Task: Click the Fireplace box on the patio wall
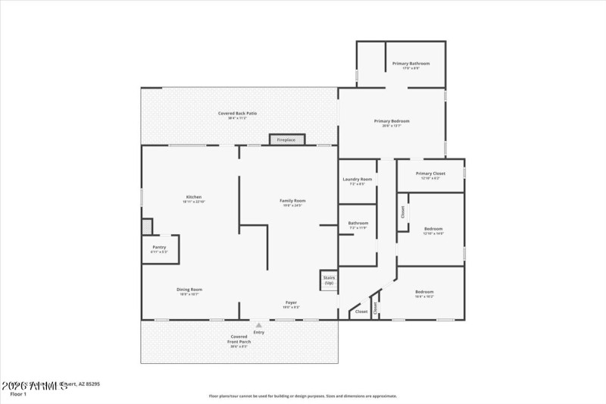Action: point(286,139)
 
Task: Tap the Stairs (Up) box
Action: point(329,280)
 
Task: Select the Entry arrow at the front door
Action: point(259,326)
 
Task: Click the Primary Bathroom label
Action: point(411,64)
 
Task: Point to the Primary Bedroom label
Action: point(392,121)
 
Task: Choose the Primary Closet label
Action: point(431,174)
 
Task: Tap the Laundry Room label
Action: point(357,180)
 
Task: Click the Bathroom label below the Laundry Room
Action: point(358,224)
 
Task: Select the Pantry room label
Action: point(159,247)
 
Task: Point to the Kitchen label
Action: point(194,197)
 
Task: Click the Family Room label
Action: point(292,201)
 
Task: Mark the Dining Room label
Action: point(189,290)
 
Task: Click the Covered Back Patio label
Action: point(237,114)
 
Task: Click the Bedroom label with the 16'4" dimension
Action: point(424,293)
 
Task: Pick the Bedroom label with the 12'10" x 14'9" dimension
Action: point(433,230)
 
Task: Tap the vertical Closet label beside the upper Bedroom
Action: point(403,212)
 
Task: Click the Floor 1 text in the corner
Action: point(18,394)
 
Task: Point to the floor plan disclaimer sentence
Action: point(303,396)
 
